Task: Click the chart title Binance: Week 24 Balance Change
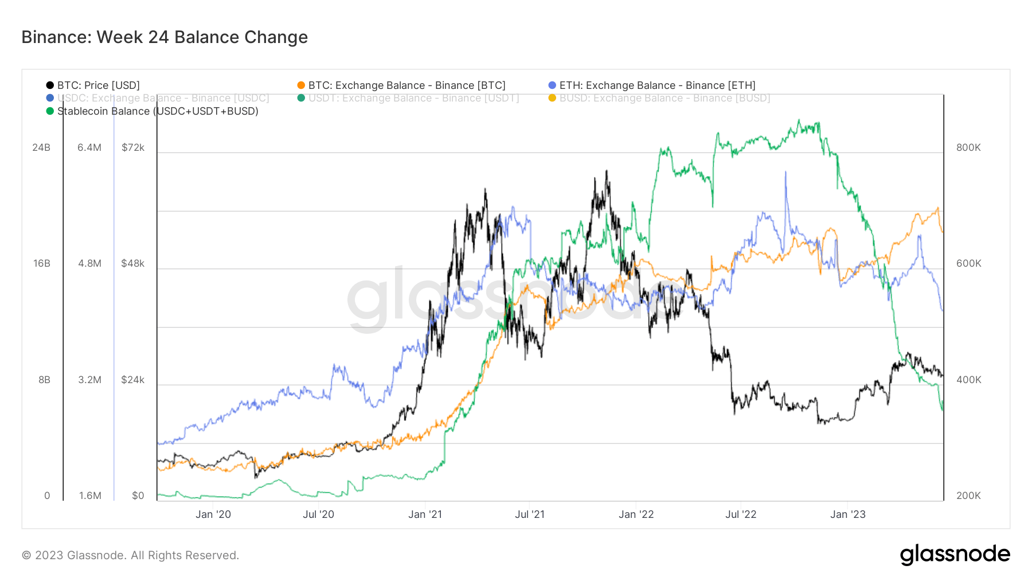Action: (165, 37)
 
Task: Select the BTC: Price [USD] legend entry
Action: (98, 85)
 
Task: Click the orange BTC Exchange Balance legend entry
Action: (406, 85)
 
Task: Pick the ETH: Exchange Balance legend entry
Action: (657, 85)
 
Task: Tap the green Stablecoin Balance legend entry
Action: (157, 111)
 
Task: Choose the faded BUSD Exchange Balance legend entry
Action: (664, 98)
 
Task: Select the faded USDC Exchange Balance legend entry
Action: (163, 98)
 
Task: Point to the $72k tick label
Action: (133, 147)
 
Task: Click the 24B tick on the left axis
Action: (41, 147)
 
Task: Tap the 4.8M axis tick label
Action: (90, 263)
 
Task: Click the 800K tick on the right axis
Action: (968, 147)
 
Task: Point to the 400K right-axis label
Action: (968, 380)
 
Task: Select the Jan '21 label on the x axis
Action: (425, 514)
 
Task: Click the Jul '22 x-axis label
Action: (741, 514)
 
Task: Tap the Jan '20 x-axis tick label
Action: (213, 514)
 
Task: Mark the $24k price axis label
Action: (133, 380)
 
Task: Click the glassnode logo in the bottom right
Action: (955, 555)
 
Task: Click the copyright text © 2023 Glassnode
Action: (130, 555)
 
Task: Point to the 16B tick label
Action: (42, 263)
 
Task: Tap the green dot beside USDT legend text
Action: (301, 98)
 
